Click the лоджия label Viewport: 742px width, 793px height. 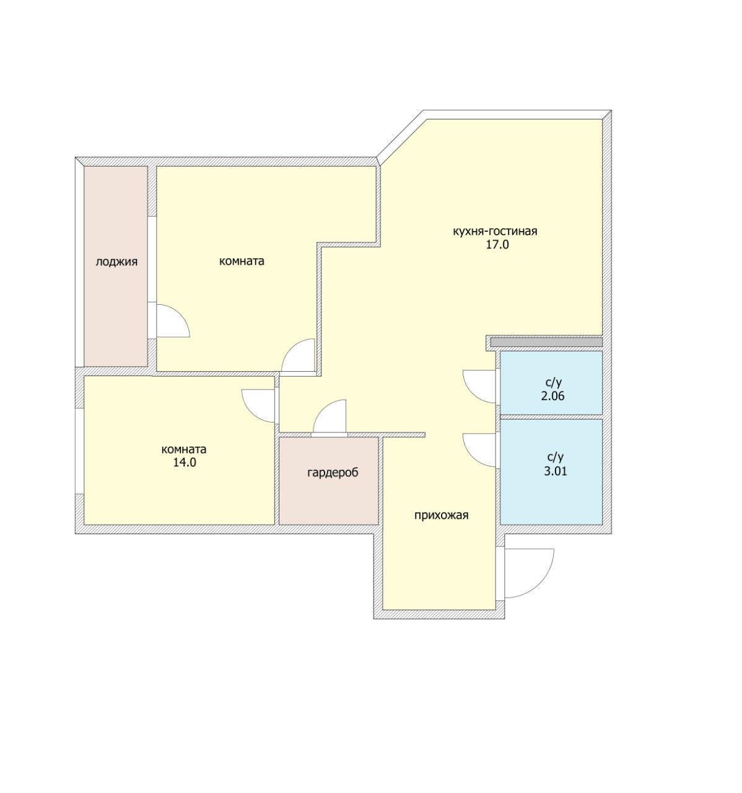click(116, 262)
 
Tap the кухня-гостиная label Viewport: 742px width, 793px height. click(495, 231)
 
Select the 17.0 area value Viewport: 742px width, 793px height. click(497, 245)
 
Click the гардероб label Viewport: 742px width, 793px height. click(333, 473)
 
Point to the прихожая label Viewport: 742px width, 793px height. click(441, 515)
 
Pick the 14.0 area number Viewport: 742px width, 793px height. click(185, 463)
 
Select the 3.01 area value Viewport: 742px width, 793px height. click(556, 471)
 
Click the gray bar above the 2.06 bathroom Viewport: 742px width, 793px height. click(546, 342)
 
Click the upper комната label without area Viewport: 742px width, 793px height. click(242, 261)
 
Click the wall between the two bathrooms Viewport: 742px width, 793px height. click(551, 417)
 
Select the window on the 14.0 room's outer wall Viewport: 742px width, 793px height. click(79, 451)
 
